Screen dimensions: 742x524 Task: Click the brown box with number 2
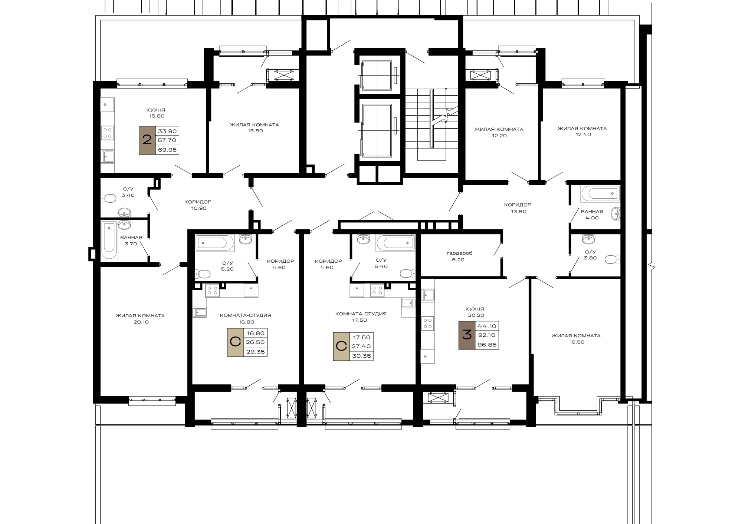point(147,140)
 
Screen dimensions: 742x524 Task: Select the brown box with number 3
point(467,335)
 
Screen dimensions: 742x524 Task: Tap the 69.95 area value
point(167,150)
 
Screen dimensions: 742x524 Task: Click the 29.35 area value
point(256,352)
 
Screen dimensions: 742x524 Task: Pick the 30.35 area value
point(362,356)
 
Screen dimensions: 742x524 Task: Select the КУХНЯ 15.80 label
point(155,113)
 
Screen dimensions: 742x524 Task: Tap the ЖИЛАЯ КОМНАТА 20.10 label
point(140,319)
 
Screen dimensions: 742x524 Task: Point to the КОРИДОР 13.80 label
point(518,208)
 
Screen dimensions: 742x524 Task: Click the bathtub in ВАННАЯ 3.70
point(109,241)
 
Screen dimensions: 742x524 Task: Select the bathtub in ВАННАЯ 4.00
point(600,194)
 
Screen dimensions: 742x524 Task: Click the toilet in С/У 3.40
point(108,199)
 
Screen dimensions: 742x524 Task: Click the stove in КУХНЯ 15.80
point(108,133)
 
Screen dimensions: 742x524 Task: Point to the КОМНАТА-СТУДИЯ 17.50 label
point(361,317)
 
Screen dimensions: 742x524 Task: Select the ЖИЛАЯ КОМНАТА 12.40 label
point(582,132)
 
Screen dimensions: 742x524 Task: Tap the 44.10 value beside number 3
point(487,326)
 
